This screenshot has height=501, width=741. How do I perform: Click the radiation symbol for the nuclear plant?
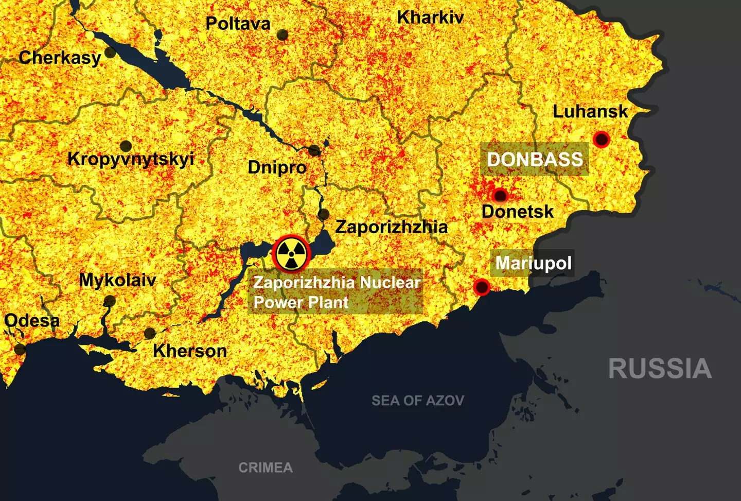[291, 254]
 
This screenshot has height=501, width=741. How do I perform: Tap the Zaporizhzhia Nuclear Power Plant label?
[337, 292]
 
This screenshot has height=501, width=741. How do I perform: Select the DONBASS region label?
[535, 159]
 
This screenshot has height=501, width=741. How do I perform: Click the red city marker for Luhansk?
[601, 139]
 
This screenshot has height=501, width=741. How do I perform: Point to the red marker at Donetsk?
[500, 196]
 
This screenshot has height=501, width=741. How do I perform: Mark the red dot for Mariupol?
[482, 287]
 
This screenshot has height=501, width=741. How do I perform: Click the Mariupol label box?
[533, 263]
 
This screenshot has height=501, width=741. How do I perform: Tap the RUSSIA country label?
[660, 369]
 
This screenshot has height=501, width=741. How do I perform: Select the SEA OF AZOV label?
[418, 400]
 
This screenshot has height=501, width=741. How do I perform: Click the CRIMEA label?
[266, 468]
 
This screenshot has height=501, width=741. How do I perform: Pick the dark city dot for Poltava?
[282, 35]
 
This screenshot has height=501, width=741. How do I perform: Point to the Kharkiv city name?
[430, 18]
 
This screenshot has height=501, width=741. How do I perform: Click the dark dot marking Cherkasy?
[110, 53]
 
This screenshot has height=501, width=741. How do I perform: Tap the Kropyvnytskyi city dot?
[126, 146]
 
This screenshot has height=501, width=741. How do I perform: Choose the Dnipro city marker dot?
[314, 151]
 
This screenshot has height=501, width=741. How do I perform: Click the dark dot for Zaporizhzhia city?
[324, 214]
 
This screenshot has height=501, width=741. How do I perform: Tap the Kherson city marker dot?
[150, 333]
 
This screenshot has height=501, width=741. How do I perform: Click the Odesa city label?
[32, 320]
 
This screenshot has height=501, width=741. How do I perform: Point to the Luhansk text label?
[590, 111]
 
